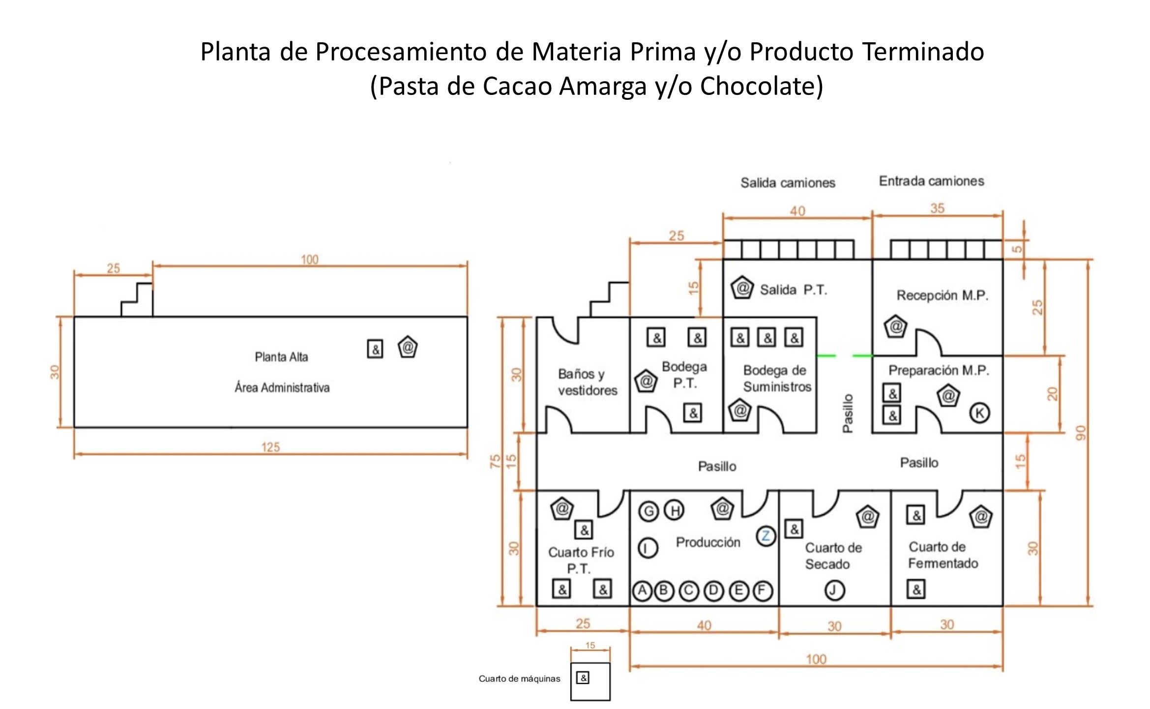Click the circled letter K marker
pos(979,413)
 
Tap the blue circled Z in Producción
pos(766,536)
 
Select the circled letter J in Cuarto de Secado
pos(834,590)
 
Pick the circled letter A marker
pos(642,591)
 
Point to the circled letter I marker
pos(648,548)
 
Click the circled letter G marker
pos(649,511)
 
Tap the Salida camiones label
pos(788,183)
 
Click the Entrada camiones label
pos(931,181)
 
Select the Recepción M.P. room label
pos(942,295)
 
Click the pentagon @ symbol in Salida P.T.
pos(742,288)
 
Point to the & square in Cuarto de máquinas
pos(583,678)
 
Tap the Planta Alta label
pos(281,357)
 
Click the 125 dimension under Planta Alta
pos(270,447)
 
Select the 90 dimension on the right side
pos(1080,433)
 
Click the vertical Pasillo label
pos(848,413)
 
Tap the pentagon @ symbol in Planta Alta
pos(408,347)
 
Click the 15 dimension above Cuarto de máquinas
pos(590,646)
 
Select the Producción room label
pos(708,542)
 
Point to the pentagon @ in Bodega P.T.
pos(647,381)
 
